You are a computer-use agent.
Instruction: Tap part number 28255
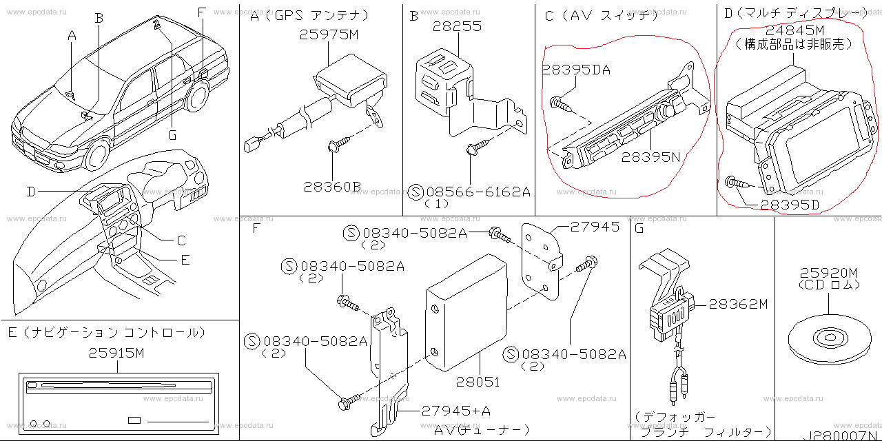tap(457, 27)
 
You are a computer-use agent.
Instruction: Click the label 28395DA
tap(575, 70)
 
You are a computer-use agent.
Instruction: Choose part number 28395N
tap(650, 157)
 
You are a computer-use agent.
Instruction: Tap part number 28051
tap(478, 381)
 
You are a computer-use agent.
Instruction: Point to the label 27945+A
tap(456, 411)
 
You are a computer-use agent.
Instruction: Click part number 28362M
tap(737, 304)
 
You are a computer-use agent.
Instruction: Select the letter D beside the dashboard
tap(30, 192)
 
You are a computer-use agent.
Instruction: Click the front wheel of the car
tap(96, 156)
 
